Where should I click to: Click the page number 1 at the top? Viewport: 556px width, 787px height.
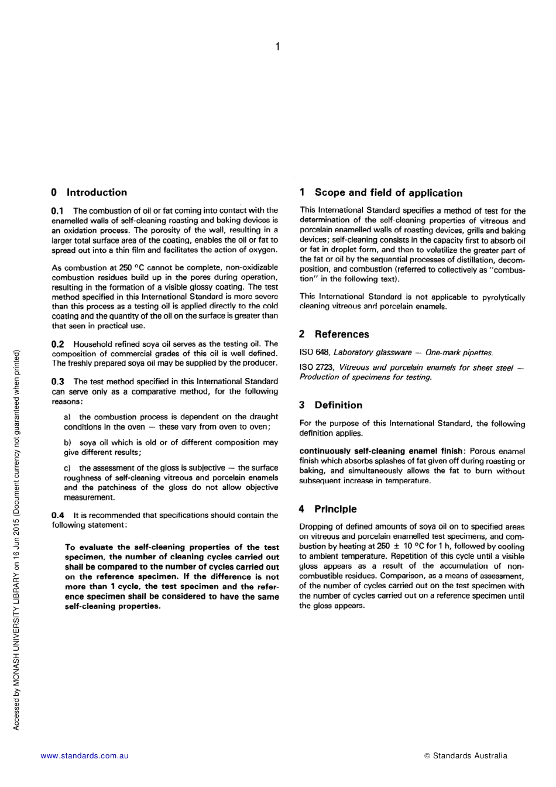[x=277, y=47]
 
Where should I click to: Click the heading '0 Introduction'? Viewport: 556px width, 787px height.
[x=89, y=193]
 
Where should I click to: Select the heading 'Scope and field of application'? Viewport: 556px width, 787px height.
[x=380, y=193]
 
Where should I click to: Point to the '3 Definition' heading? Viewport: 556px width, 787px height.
[x=331, y=405]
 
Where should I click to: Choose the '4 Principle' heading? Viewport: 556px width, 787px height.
[x=328, y=509]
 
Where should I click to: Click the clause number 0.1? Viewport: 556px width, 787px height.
[x=57, y=211]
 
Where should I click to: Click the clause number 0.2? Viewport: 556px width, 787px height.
[x=57, y=344]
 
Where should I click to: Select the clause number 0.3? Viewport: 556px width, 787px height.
[x=57, y=382]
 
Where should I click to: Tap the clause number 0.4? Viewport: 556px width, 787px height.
[x=57, y=515]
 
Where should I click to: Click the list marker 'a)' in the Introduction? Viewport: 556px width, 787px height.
[x=67, y=417]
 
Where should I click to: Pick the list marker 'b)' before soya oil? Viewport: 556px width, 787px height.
[x=67, y=443]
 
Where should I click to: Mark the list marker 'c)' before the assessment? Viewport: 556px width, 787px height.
[x=67, y=468]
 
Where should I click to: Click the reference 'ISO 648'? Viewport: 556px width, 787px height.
[x=314, y=352]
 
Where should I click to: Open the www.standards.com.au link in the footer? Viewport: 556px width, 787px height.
[x=84, y=755]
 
